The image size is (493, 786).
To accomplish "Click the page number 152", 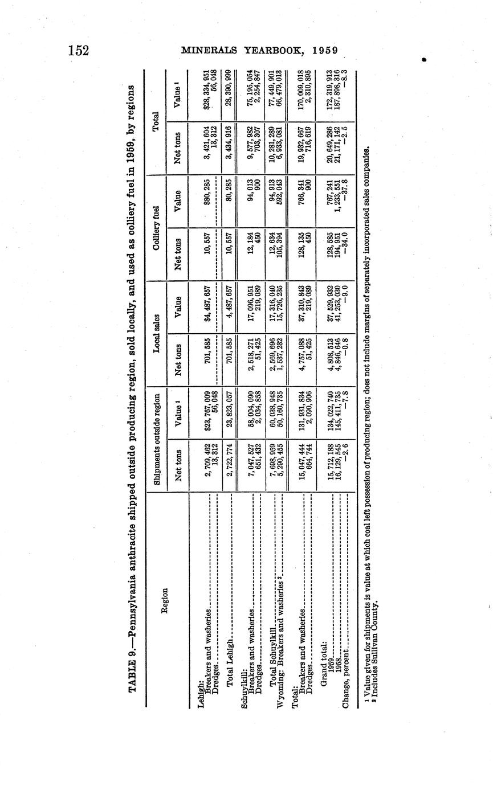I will [x=79, y=50].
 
